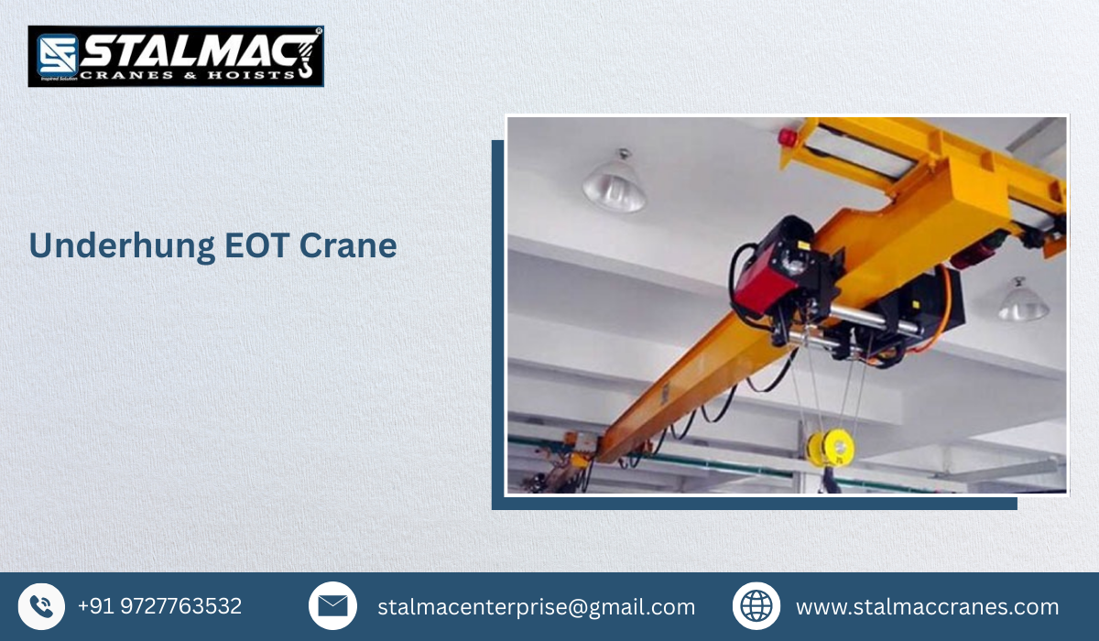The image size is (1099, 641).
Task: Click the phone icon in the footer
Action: (41, 606)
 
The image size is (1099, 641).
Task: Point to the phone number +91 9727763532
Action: (159, 606)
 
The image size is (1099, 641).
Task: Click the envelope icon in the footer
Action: (332, 606)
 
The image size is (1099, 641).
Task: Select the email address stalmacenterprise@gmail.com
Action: (536, 607)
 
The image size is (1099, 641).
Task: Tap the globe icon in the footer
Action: (756, 606)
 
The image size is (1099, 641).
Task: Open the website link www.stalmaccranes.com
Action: (927, 607)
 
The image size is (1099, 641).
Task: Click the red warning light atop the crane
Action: (785, 137)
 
